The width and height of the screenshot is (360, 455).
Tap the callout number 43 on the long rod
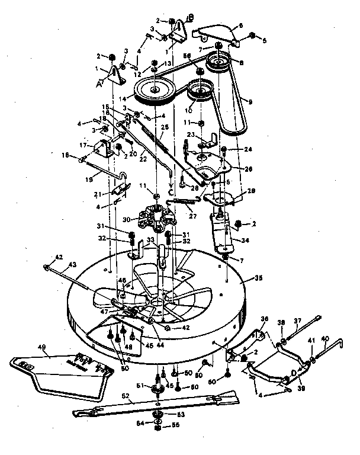tap(57, 264)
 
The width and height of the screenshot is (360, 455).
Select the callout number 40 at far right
tap(324, 339)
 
